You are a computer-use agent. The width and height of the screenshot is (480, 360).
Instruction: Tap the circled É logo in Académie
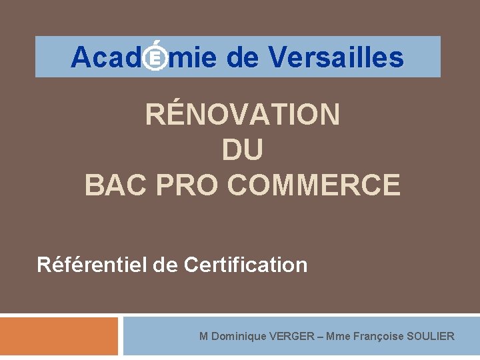tap(155, 58)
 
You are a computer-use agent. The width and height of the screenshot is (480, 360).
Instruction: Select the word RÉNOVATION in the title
tap(243, 115)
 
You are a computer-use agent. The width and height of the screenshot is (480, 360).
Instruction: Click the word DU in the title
tap(243, 150)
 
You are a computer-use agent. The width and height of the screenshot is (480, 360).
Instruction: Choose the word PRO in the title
tap(189, 185)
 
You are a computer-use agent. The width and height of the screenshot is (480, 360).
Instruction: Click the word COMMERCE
tap(314, 185)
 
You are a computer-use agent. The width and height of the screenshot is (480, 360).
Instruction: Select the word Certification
tap(245, 265)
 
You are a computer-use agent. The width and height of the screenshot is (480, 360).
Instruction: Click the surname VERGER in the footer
tap(292, 336)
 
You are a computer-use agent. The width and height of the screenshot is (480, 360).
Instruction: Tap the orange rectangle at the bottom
tap(59, 336)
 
